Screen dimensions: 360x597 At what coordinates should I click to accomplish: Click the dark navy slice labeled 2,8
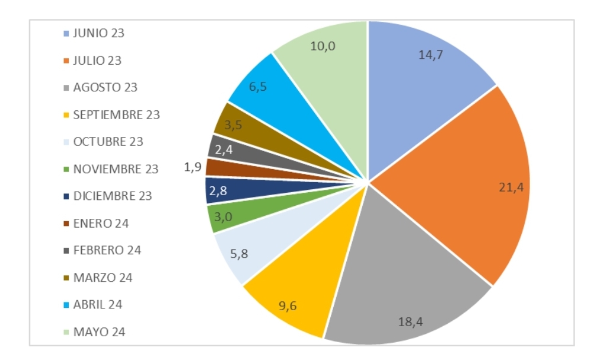[x=222, y=190]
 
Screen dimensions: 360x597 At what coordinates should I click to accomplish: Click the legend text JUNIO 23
[x=98, y=33]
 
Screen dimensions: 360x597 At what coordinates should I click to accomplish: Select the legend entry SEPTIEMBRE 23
[x=116, y=115]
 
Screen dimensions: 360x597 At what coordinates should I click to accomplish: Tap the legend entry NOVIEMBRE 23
[x=116, y=169]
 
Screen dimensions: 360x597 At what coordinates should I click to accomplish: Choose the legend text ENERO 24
[x=101, y=224]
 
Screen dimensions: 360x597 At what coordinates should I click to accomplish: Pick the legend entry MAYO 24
[x=98, y=332]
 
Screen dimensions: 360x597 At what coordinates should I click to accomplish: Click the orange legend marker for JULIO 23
[x=66, y=60]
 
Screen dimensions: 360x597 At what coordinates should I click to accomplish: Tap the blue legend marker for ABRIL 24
[x=66, y=305]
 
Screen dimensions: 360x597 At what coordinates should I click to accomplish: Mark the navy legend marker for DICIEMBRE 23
[x=66, y=196]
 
